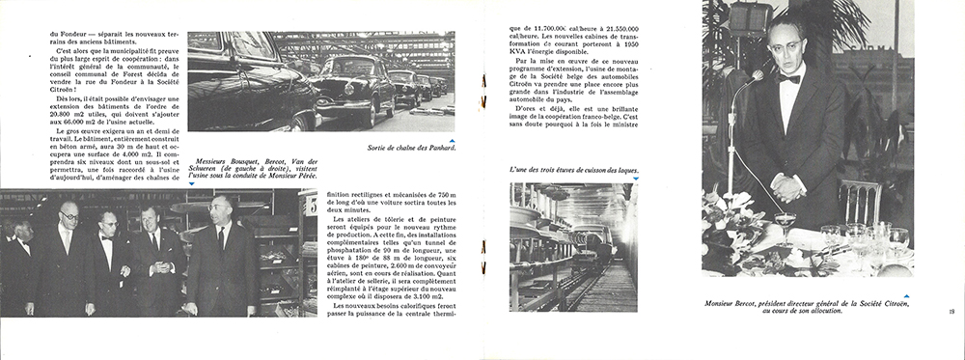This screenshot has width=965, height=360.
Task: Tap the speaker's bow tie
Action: click(x=789, y=77)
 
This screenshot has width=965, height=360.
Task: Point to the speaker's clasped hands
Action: click(x=788, y=187)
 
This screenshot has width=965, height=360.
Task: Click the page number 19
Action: click(x=951, y=311)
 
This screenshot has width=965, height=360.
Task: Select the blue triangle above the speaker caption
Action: click(x=907, y=293)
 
